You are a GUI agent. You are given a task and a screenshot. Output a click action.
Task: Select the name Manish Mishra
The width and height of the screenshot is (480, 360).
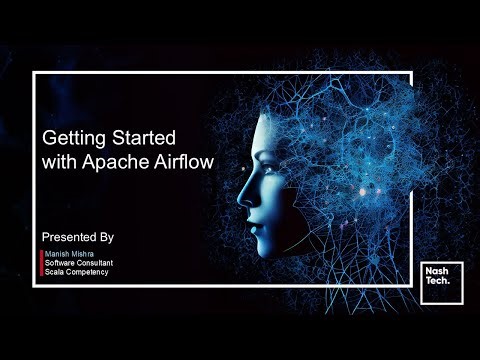[69, 255]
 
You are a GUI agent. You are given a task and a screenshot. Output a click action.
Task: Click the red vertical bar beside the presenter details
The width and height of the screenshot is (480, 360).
[41, 263]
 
